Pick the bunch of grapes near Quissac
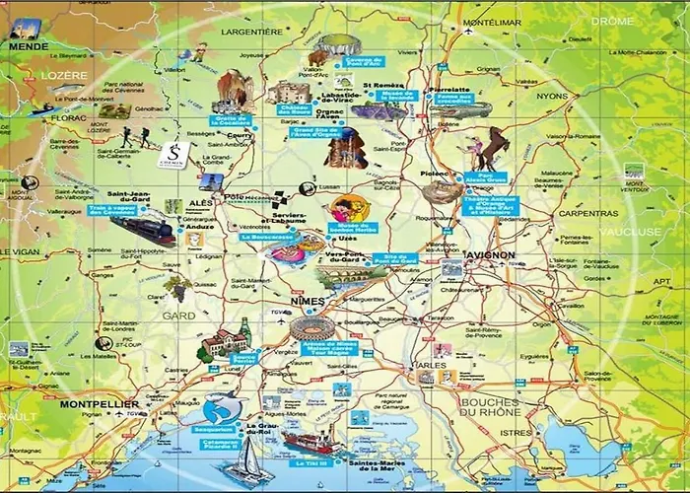(177, 286)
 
